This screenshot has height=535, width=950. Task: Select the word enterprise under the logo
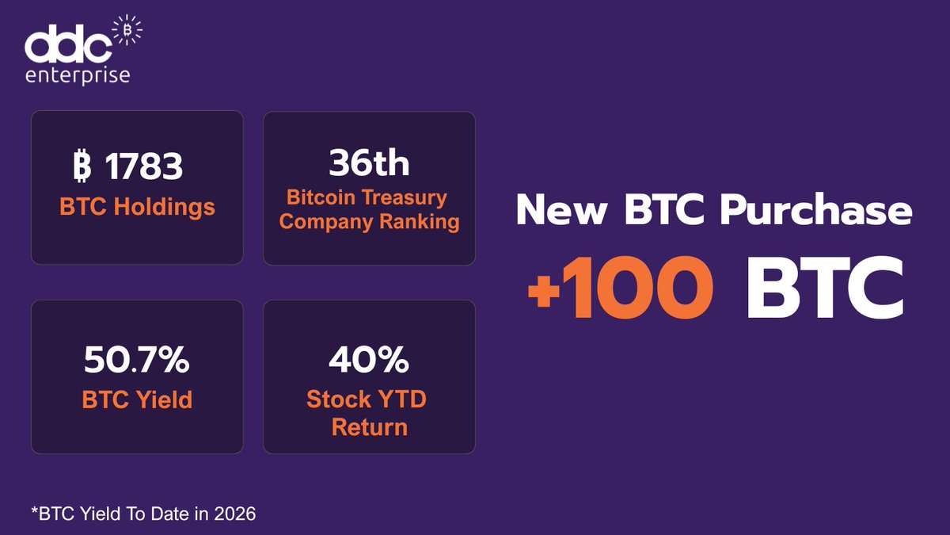(78, 75)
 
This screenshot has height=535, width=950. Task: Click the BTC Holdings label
(137, 207)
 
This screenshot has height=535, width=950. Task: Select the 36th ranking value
(369, 163)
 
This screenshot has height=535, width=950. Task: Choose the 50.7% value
(137, 361)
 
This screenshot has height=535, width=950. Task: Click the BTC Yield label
(137, 400)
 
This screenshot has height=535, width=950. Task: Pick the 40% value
(369, 361)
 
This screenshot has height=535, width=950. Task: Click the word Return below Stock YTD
(369, 428)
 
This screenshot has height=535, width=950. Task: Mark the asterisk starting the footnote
(35, 511)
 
